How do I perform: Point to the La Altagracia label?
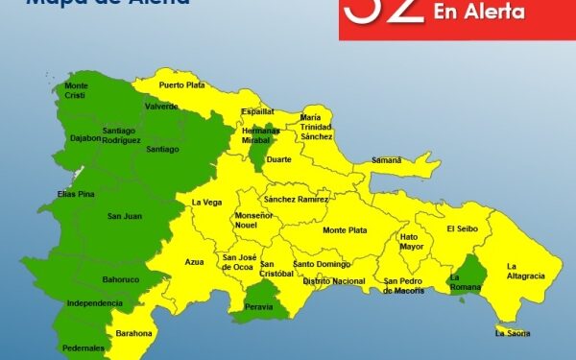[x=525, y=271]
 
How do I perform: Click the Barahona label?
[x=134, y=333]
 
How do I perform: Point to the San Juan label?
[x=125, y=216]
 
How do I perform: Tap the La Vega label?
[x=206, y=203]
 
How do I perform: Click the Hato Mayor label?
[x=411, y=241]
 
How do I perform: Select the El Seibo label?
[x=462, y=228]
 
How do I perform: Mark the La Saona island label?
[x=512, y=333]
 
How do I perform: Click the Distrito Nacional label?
[x=334, y=281]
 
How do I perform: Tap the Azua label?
[x=195, y=261]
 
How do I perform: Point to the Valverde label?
[x=160, y=107]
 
